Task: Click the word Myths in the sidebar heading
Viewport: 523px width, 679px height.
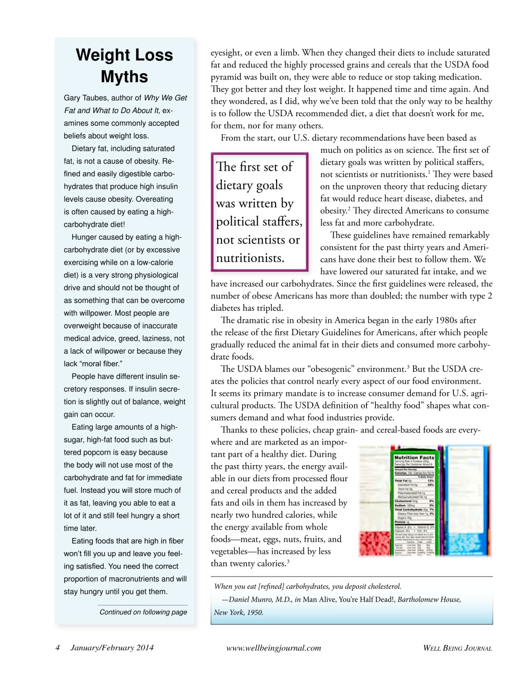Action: point(124,77)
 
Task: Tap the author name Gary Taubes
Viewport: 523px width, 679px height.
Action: point(87,98)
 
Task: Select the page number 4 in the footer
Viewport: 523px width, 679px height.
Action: point(57,648)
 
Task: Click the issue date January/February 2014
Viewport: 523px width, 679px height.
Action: point(112,648)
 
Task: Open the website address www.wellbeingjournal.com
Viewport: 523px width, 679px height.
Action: point(273,648)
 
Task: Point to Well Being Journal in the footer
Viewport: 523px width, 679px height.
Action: point(457,648)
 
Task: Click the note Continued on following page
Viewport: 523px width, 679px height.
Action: point(143,612)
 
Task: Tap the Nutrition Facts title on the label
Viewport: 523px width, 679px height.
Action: point(414,457)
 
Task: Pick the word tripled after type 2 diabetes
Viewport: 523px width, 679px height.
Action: point(269,308)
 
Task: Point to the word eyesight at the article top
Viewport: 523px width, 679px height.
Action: point(226,53)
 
